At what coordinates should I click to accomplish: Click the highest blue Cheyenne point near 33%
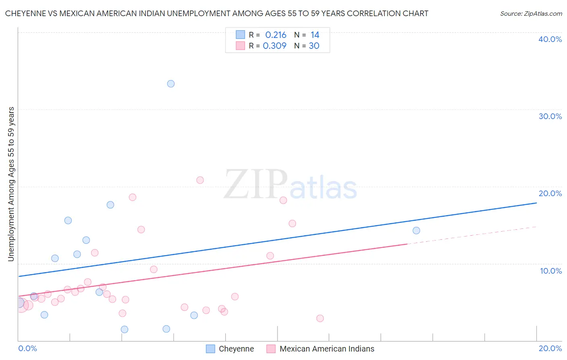coord(171,84)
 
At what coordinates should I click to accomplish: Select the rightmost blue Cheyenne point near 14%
coord(416,230)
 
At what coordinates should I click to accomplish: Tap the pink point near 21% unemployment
coord(200,180)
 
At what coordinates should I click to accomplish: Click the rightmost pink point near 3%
coord(320,318)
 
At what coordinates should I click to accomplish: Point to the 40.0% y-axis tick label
coord(550,39)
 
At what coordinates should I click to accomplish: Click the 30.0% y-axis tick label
coord(550,116)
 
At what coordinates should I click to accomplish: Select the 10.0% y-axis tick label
coord(551,271)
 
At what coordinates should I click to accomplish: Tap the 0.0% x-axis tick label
coord(27,348)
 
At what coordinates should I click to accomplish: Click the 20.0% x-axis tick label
coord(550,348)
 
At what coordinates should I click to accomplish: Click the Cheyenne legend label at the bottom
coord(236,349)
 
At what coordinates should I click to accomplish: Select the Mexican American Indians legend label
coord(327,349)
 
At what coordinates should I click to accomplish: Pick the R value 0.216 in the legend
coord(276,35)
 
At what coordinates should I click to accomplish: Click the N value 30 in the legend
coord(314,46)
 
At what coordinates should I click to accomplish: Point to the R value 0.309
coord(275,46)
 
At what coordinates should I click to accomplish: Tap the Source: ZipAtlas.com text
coord(531,13)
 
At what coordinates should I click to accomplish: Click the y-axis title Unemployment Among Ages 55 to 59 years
coord(11,184)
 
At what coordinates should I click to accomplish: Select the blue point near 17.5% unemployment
coord(110,205)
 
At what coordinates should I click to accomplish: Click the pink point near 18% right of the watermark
coord(283,200)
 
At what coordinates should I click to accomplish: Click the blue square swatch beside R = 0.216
coord(240,35)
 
